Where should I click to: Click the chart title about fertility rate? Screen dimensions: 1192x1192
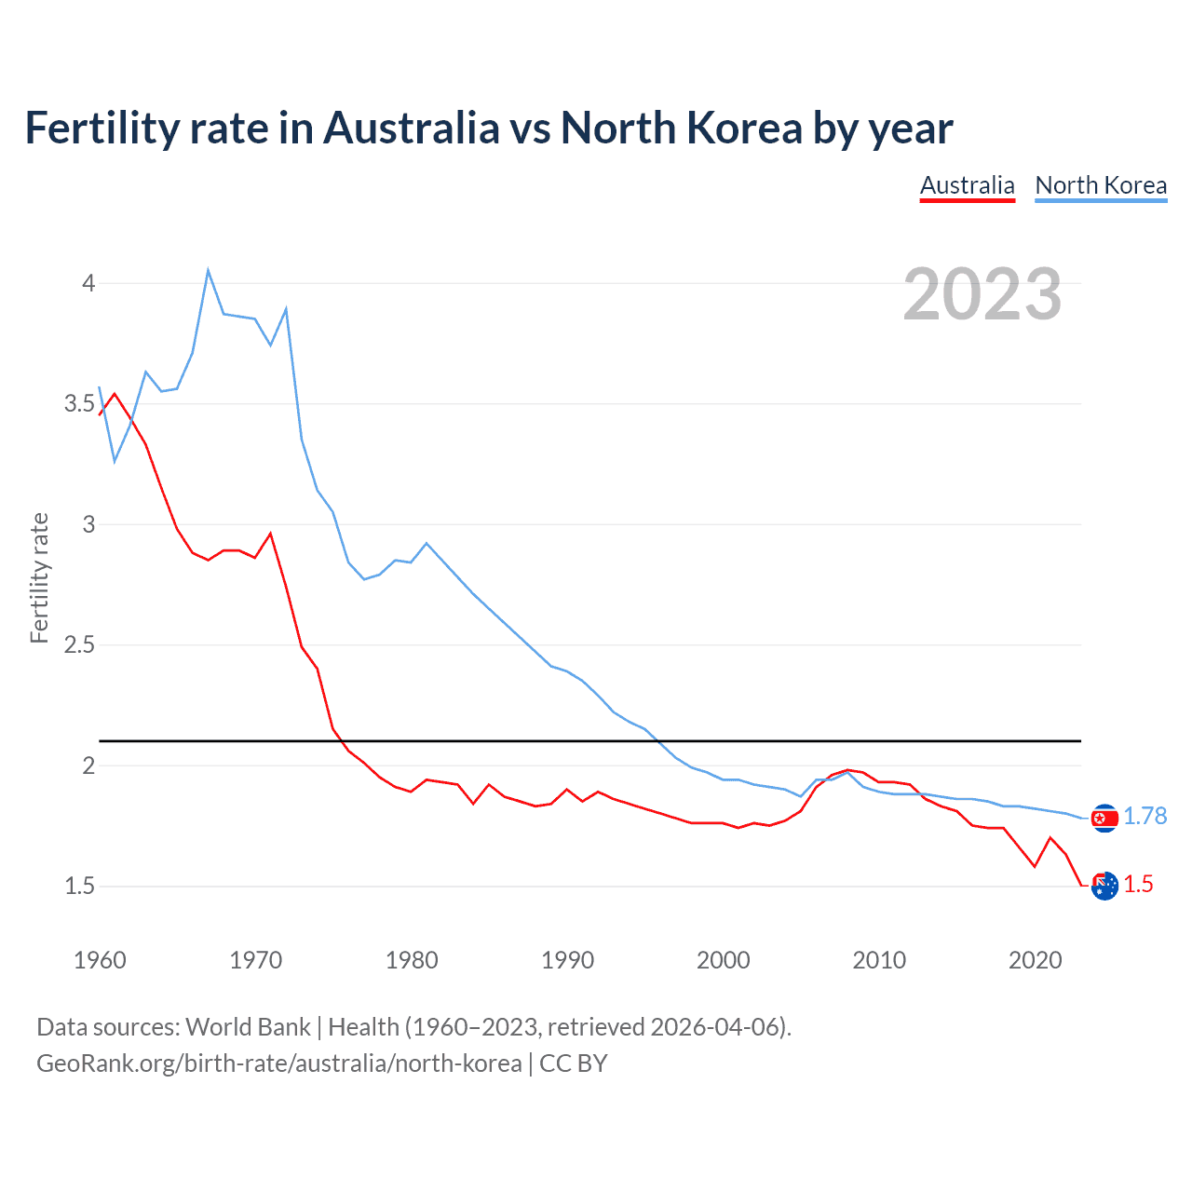pos(488,128)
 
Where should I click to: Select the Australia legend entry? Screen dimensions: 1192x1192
pos(967,185)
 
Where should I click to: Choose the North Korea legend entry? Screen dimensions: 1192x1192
pos(1101,185)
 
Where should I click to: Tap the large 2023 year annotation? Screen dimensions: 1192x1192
pos(982,294)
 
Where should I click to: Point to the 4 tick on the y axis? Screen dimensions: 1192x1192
pos(88,283)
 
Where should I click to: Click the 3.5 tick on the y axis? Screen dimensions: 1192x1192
pos(79,404)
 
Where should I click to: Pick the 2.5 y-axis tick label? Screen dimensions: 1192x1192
pos(79,645)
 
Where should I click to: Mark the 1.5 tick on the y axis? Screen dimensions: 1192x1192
pos(79,887)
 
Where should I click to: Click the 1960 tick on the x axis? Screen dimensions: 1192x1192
pos(100,960)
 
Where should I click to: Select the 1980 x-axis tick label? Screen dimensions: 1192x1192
pos(412,960)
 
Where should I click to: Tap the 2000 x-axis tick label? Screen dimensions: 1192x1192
pos(723,960)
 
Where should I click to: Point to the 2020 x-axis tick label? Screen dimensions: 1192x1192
pos(1035,960)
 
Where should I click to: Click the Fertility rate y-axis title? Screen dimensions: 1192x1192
pos(39,577)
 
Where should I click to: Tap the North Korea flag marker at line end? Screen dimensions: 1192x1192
pos(1104,818)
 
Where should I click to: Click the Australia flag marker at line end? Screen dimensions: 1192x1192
pos(1104,887)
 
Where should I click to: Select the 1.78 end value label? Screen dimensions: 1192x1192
pos(1145,816)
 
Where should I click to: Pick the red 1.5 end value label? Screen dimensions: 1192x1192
pos(1138,885)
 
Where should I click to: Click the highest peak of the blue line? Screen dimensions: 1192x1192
pos(208,270)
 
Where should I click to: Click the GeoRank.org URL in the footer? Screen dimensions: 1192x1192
pos(279,1063)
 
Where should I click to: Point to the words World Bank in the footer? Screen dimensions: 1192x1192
pos(248,1027)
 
